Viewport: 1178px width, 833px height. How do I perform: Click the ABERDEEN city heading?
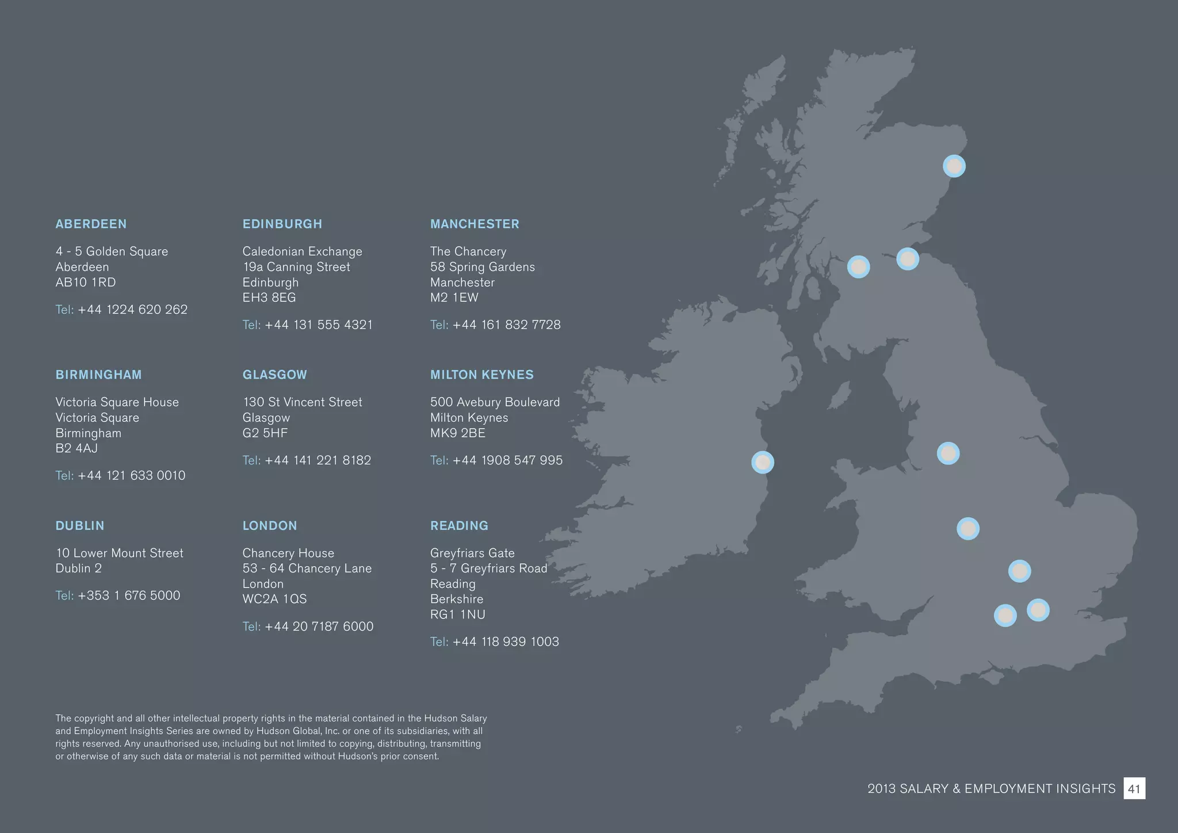point(91,224)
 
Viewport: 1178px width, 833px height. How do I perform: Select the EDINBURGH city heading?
point(282,224)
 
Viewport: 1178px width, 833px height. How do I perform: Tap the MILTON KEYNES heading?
point(481,375)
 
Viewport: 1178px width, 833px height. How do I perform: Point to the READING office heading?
point(459,525)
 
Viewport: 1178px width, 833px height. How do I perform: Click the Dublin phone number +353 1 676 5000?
point(129,595)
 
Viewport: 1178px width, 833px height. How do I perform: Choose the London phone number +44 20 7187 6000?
point(319,626)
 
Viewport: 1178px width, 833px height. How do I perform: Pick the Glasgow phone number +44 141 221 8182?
point(318,460)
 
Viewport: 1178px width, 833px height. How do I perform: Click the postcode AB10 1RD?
point(86,282)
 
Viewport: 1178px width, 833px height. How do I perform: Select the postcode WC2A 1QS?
point(274,599)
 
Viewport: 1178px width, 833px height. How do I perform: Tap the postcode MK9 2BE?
point(458,433)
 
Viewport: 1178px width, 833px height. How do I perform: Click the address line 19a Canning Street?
point(296,267)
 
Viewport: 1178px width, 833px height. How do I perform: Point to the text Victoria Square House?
point(117,402)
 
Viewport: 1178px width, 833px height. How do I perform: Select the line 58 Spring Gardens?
point(482,267)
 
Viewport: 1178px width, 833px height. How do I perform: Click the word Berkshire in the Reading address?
point(457,599)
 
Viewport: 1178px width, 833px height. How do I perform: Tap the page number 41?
point(1134,789)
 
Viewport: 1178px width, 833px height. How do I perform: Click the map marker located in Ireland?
point(763,462)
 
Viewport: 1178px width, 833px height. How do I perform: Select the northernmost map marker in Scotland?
point(954,166)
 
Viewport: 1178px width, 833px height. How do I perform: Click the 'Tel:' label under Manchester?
point(439,325)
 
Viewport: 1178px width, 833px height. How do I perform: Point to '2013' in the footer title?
point(881,789)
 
